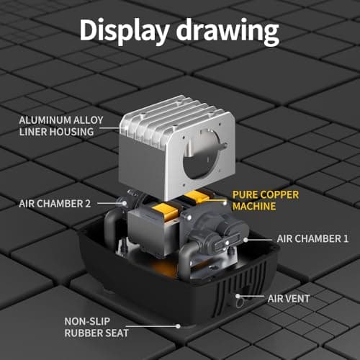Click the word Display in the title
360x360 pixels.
click(x=125, y=31)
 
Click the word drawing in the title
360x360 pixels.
click(x=228, y=31)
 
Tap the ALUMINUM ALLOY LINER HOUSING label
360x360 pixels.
click(x=61, y=126)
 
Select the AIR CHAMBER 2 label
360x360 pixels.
click(x=55, y=204)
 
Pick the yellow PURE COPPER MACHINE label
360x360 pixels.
click(x=266, y=201)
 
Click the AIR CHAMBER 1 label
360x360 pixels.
click(x=312, y=239)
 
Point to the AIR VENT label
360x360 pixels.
click(x=289, y=299)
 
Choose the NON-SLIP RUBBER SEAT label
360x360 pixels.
click(x=96, y=327)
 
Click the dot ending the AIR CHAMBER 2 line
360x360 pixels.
click(x=125, y=203)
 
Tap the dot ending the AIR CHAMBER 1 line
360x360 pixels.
click(x=246, y=240)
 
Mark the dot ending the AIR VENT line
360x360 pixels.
click(x=238, y=296)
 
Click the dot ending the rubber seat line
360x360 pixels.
click(x=178, y=326)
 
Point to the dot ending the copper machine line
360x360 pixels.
click(x=225, y=203)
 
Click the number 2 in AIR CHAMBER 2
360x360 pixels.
click(x=88, y=204)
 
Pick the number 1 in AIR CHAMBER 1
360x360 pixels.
click(x=346, y=239)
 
